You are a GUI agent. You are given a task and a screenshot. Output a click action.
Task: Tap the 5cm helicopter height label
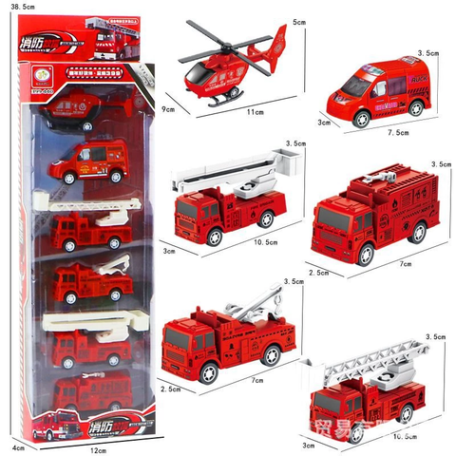point(298,21)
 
